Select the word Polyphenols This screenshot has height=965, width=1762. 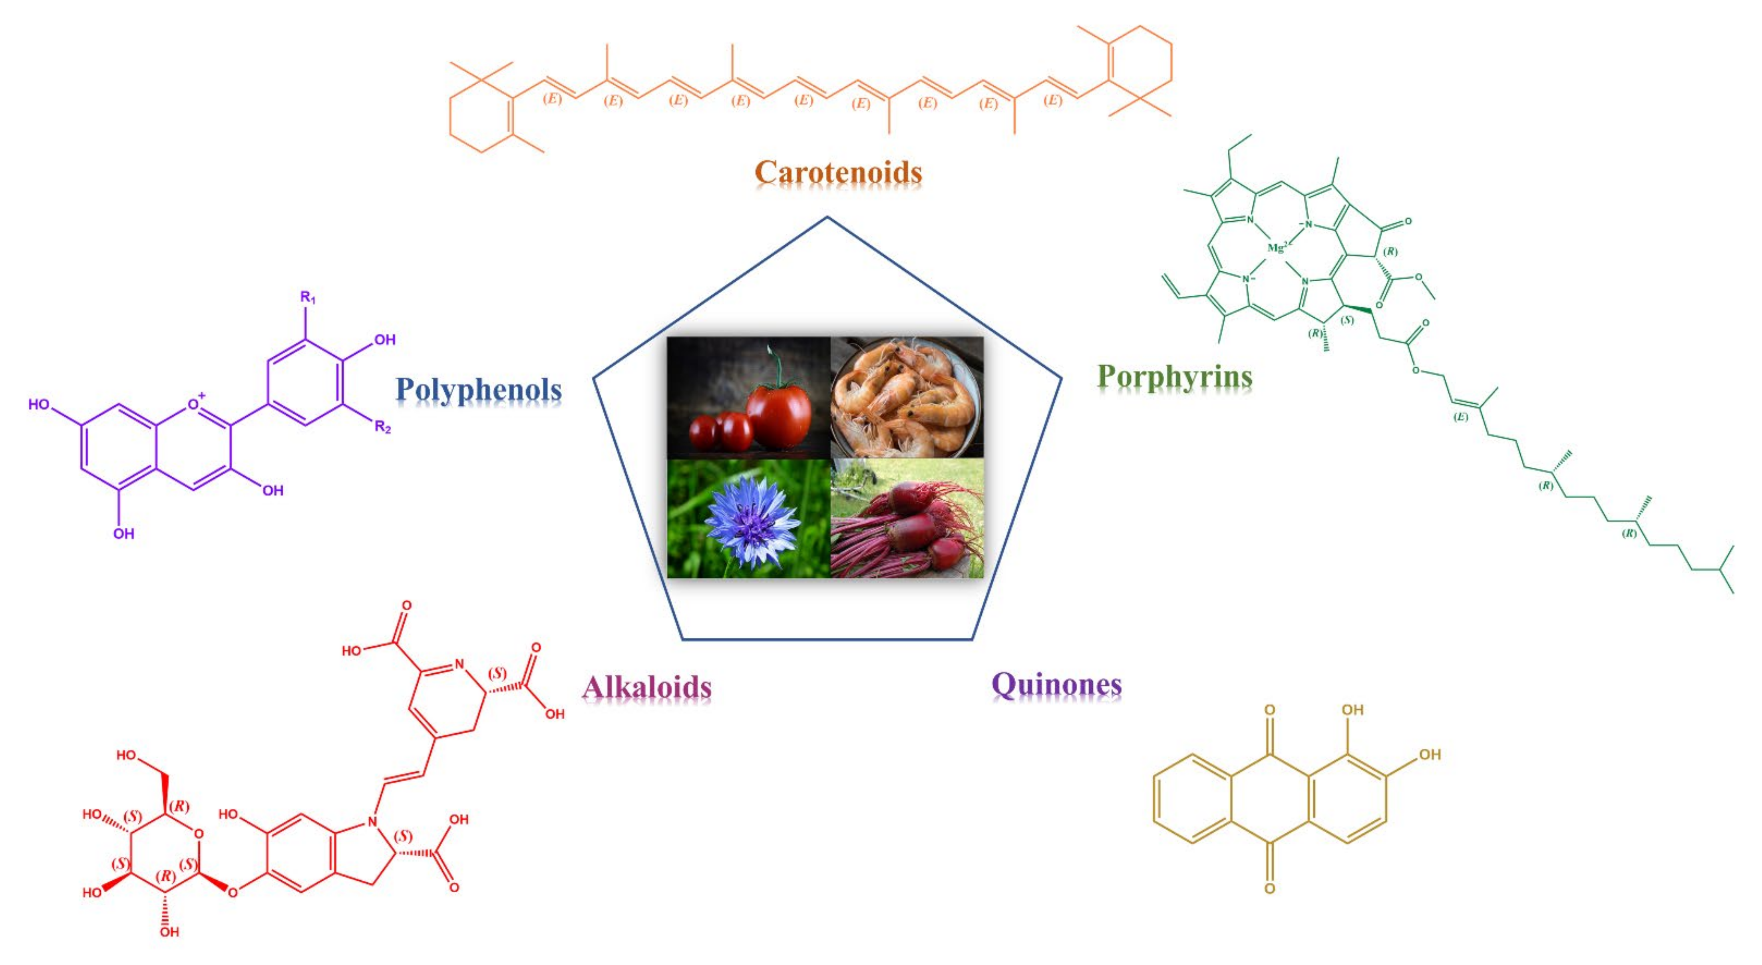click(x=478, y=390)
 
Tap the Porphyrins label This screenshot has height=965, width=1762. click(x=1174, y=376)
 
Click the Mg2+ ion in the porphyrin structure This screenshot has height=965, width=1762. click(x=1277, y=248)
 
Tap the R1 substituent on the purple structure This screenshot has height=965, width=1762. click(x=308, y=298)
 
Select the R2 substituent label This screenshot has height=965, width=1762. click(x=382, y=428)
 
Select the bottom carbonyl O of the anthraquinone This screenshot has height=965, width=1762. click(x=1269, y=888)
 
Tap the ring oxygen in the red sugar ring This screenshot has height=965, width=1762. click(x=198, y=834)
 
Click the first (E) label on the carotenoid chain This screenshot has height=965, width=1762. click(x=552, y=98)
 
